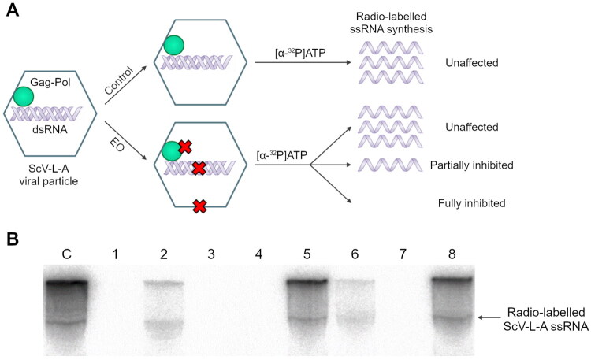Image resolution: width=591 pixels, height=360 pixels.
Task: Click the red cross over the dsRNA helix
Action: (199, 168)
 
